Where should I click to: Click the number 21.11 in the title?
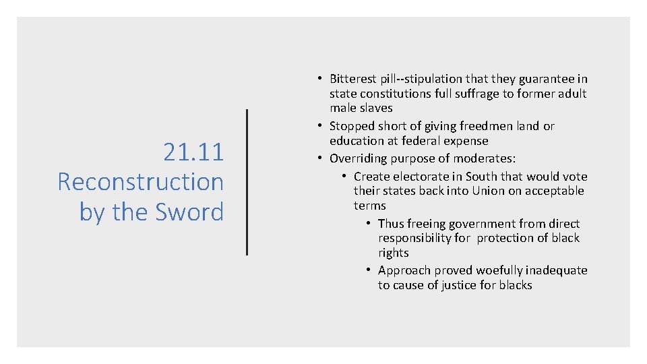pos(193,152)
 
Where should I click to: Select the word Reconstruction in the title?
pos(140,182)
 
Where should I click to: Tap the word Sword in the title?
pos(189,212)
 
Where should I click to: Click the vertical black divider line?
pos(247,182)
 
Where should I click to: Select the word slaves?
pos(376,108)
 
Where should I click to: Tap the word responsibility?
pos(414,238)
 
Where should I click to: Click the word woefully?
pos(499,270)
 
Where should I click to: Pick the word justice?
pos(462,285)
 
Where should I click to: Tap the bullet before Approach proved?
pos(369,270)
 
